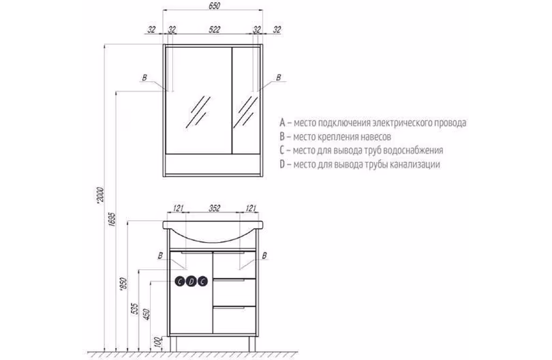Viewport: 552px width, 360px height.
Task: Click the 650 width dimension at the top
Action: [214, 6]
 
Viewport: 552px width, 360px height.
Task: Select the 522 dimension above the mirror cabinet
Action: [214, 29]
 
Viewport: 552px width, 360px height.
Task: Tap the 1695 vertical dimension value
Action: [111, 219]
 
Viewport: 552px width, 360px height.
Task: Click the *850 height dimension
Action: [123, 284]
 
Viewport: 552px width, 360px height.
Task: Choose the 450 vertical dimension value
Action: [147, 314]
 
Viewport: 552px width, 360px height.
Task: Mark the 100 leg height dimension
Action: [158, 342]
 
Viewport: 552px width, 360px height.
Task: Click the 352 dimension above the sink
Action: [214, 208]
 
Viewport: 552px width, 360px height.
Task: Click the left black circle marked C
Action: [180, 282]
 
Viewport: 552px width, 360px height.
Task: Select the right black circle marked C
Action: [202, 282]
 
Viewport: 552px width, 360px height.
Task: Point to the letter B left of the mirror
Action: [144, 78]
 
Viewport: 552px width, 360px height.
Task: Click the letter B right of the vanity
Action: [264, 256]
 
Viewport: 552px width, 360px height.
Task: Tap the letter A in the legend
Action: [282, 123]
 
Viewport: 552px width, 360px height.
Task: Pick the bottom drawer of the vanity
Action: [234, 320]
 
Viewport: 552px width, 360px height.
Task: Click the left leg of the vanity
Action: [173, 343]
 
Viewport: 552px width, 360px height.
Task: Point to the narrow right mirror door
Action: [246, 100]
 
